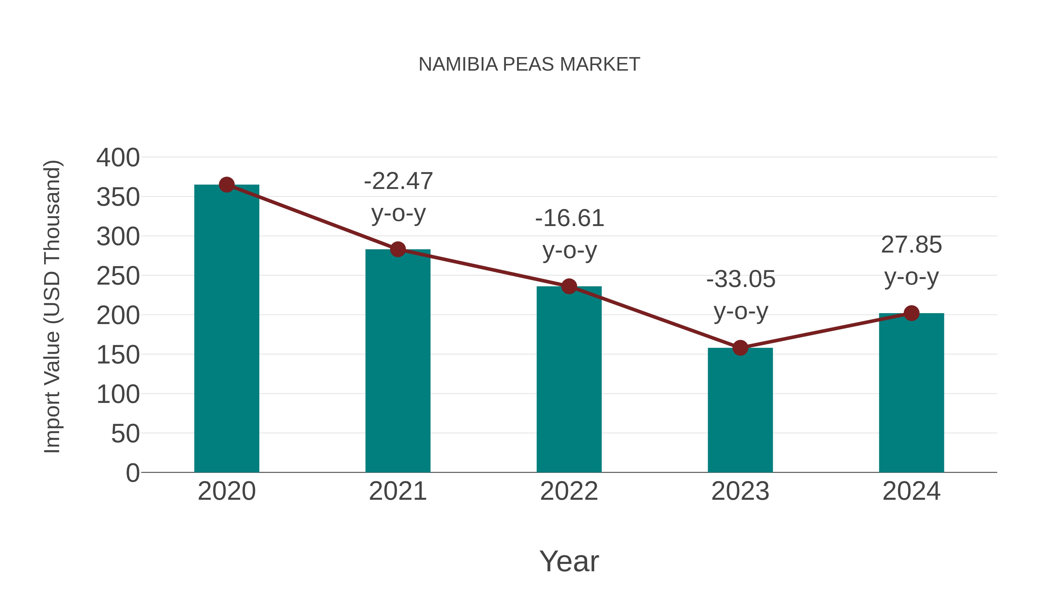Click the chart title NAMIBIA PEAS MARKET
coord(529,64)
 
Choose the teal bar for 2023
coord(740,411)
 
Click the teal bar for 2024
coord(911,395)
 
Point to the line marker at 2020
coord(227,185)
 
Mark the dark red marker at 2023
coord(740,348)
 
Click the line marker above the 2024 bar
coord(911,313)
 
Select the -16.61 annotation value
coord(570,218)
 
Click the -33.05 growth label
coord(740,279)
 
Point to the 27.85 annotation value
coord(911,245)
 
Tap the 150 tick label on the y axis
coord(118,355)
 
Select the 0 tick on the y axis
coord(132,473)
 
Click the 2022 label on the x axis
coord(569,491)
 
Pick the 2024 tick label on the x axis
coord(911,491)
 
